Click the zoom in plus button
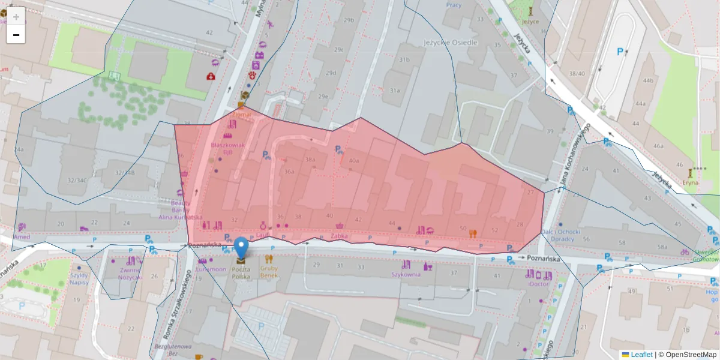coord(16,16)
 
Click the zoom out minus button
coord(16,35)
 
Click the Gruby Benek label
coord(269,272)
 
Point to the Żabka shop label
coord(340,236)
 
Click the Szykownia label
coord(406,274)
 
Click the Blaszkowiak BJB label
coord(227,148)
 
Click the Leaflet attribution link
coord(641,355)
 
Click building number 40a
coord(353,160)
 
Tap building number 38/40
coord(577,73)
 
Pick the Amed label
coord(22,236)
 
